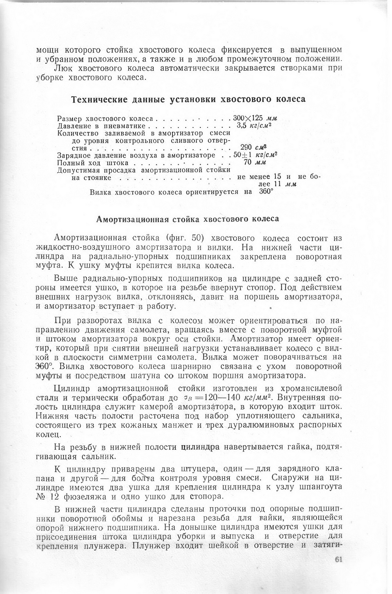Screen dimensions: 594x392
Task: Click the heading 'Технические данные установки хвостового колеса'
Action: (188, 99)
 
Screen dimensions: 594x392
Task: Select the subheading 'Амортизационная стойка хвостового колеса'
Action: (188, 219)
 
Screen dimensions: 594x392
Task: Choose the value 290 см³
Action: (252, 147)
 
